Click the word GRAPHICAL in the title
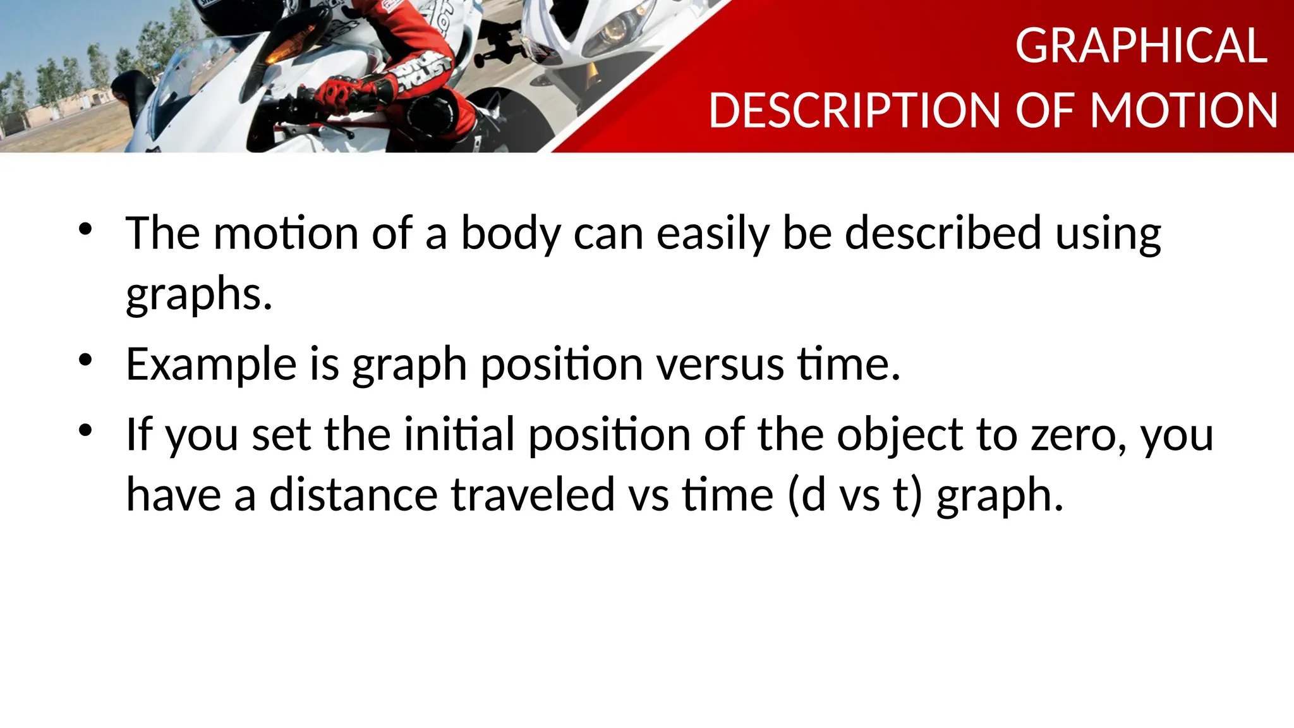pos(1141,46)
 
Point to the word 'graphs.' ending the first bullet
pos(199,294)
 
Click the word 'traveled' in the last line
pos(533,494)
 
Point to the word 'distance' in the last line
pos(353,494)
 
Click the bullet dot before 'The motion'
pos(85,229)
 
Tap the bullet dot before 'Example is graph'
pos(85,360)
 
